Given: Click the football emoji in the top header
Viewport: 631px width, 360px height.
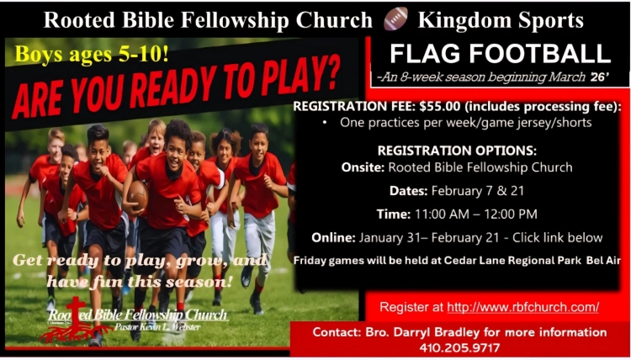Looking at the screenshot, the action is point(395,19).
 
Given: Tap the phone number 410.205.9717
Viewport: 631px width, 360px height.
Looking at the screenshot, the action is point(459,347).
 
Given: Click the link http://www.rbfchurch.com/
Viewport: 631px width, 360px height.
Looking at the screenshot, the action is point(523,307).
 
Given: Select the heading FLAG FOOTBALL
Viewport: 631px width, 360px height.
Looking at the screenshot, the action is point(501,54).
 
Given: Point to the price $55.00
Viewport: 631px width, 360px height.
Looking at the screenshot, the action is point(440,107).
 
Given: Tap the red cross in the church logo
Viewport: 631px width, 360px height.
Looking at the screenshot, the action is point(76,313).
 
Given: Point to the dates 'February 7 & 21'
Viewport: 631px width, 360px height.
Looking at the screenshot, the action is point(478,191).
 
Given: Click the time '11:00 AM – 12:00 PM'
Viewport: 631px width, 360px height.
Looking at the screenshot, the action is point(475,214).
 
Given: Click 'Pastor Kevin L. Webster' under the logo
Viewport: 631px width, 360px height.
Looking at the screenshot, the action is point(157,326).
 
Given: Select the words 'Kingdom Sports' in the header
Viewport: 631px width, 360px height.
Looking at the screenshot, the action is point(501,20).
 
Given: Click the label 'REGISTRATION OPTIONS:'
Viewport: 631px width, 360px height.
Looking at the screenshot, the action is point(457,151).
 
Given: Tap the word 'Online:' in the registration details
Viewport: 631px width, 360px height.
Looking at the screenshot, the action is point(333,238).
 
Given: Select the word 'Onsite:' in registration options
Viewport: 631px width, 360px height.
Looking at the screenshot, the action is point(363,167).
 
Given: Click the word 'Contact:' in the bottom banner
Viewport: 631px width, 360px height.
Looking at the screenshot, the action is point(337,332).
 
